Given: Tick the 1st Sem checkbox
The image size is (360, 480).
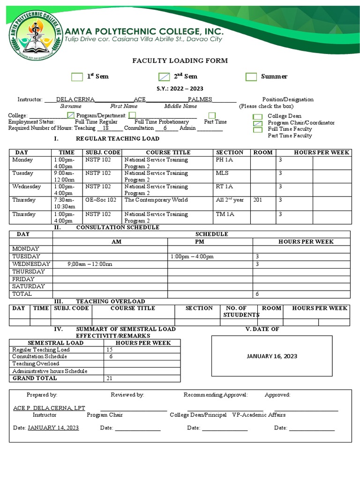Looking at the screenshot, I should coord(76,77).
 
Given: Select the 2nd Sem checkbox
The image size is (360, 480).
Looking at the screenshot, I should coord(164,77).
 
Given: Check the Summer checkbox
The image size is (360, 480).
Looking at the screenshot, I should coord(251,77).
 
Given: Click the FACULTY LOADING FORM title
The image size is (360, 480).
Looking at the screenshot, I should coord(180,60).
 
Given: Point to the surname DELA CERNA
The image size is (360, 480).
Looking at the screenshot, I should coord(75,99).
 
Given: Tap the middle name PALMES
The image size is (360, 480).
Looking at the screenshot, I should coord(200,99).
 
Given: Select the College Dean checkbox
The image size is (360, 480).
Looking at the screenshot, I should coord(257,117).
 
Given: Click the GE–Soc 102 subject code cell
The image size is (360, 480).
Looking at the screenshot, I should coord(101,200).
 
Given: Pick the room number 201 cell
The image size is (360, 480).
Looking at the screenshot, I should coord(258,200).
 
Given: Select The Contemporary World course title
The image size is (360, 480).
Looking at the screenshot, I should coord(156,200).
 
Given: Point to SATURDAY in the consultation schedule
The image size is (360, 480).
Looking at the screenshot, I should coord(29,286).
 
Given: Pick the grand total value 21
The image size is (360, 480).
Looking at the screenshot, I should coord(109,378).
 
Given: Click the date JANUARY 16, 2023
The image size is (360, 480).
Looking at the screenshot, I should coord(272,356).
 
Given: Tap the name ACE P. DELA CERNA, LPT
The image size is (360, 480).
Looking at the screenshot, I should coord(49,408).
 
